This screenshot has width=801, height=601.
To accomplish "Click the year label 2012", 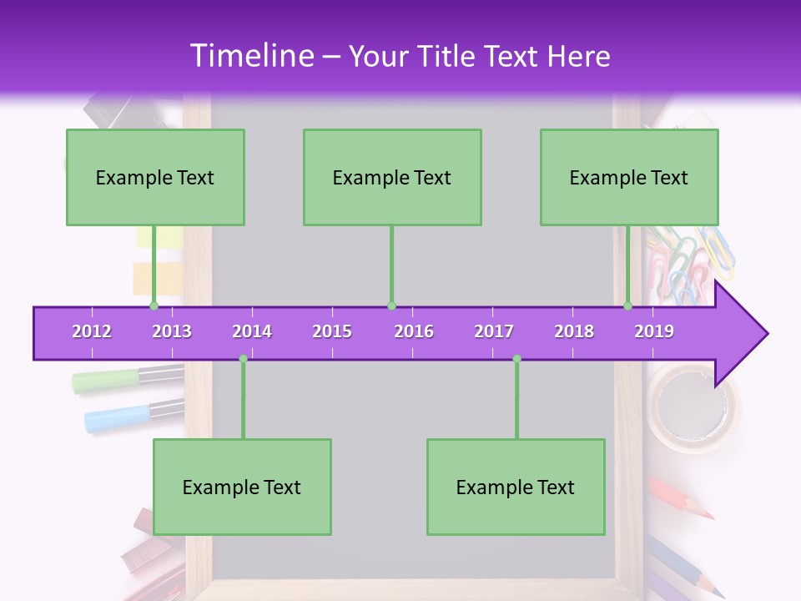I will pyautogui.click(x=92, y=331).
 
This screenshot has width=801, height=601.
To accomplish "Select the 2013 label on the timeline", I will pyautogui.click(x=172, y=331).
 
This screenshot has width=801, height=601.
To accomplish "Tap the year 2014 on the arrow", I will pyautogui.click(x=252, y=331).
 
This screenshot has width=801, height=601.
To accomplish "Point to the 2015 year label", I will pyautogui.click(x=332, y=331).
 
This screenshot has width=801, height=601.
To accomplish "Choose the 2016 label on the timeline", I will pyautogui.click(x=414, y=331).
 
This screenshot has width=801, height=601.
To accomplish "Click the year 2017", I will pyautogui.click(x=494, y=331).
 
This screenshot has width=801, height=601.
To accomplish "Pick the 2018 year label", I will pyautogui.click(x=574, y=331).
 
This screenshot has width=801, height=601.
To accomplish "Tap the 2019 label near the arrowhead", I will pyautogui.click(x=654, y=331).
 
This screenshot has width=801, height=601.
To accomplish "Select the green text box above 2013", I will pyautogui.click(x=155, y=178).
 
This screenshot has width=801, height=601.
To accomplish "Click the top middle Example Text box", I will pyautogui.click(x=392, y=178).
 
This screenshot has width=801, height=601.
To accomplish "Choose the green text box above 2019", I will pyautogui.click(x=629, y=178).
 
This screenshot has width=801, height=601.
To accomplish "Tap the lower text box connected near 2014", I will pyautogui.click(x=242, y=487).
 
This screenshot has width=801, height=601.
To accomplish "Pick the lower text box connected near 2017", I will pyautogui.click(x=516, y=487).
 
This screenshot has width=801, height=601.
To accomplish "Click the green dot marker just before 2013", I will pyautogui.click(x=154, y=306).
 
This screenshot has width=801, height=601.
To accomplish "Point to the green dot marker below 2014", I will pyautogui.click(x=243, y=359).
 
